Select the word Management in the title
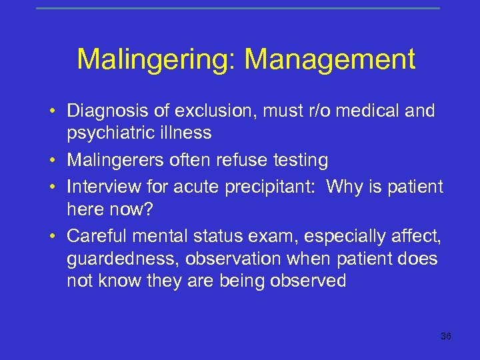330,59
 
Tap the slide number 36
446,336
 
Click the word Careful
97,237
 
